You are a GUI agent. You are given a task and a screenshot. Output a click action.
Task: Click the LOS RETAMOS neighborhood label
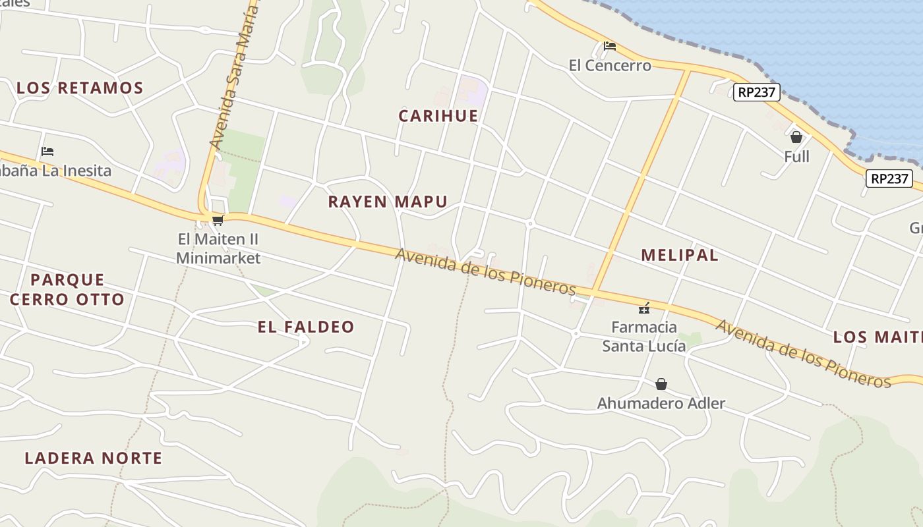pyautogui.click(x=80, y=88)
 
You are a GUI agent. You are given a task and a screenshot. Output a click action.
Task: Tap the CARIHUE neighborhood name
pyautogui.click(x=438, y=116)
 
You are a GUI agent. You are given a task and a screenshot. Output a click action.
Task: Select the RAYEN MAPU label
pyautogui.click(x=388, y=202)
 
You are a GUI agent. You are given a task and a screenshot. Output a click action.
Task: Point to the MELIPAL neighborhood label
pyautogui.click(x=680, y=255)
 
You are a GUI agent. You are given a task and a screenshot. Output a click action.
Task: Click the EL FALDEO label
pyautogui.click(x=306, y=327)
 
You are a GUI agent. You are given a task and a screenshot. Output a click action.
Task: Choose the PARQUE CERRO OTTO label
pyautogui.click(x=67, y=290)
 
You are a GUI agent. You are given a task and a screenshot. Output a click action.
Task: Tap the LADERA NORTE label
pyautogui.click(x=94, y=458)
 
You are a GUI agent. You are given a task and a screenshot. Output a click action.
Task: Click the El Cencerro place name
pyautogui.click(x=610, y=65)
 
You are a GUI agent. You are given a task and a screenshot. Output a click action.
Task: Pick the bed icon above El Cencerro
pyautogui.click(x=610, y=46)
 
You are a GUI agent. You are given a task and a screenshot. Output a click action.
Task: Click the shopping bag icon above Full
pyautogui.click(x=796, y=137)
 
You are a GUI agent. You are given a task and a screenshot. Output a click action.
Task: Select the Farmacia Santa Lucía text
pyautogui.click(x=644, y=336)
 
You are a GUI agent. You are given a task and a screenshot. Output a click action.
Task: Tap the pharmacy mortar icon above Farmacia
pyautogui.click(x=644, y=308)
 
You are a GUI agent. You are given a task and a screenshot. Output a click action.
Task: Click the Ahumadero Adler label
pyautogui.click(x=661, y=403)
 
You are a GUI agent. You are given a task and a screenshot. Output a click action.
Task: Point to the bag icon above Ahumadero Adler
pyautogui.click(x=661, y=384)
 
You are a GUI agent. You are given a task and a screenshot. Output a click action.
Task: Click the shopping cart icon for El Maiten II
pyautogui.click(x=218, y=220)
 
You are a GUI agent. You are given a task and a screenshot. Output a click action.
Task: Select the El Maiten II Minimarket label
pyautogui.click(x=218, y=248)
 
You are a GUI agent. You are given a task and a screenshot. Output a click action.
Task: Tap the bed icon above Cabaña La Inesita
pyautogui.click(x=47, y=152)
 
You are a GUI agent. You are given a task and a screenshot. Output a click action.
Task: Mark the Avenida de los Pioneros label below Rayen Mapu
pyautogui.click(x=486, y=271)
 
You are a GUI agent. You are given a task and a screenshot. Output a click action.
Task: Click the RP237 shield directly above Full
pyautogui.click(x=756, y=92)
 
